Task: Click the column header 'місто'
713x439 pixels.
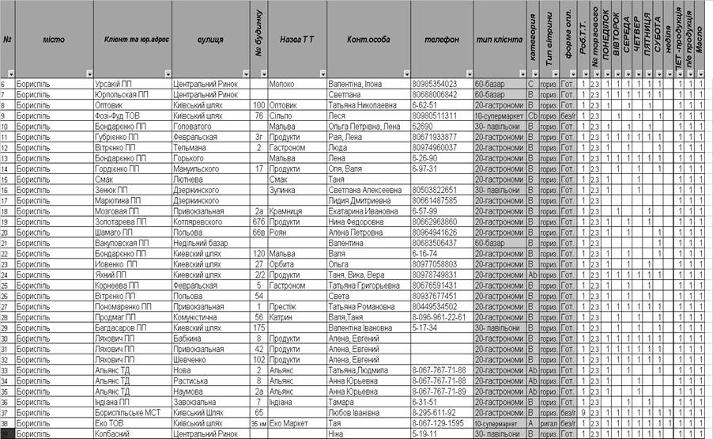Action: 53,39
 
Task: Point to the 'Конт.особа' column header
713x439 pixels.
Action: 368,39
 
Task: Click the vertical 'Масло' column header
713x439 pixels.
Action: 700,39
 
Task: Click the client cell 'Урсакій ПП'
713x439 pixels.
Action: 113,83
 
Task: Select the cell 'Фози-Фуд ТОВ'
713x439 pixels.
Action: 119,115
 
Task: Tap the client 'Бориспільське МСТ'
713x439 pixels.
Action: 127,412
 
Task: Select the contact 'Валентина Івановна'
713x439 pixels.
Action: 360,327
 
